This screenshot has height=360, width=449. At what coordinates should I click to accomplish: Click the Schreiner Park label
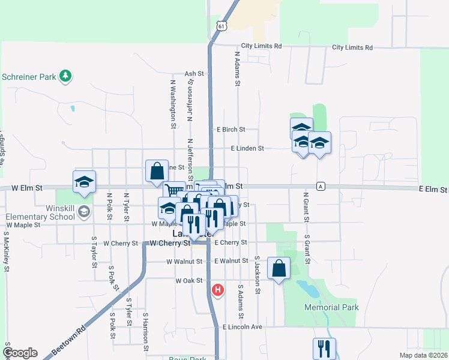tap(28, 77)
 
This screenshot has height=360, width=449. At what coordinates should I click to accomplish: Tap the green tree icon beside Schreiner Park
tap(65, 76)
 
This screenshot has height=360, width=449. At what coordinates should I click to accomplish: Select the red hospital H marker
tap(218, 290)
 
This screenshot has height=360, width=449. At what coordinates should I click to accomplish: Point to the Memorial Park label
tap(331, 307)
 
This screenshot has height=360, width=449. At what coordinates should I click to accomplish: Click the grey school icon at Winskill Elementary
tap(85, 211)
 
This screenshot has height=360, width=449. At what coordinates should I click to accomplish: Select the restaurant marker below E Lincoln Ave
tap(324, 347)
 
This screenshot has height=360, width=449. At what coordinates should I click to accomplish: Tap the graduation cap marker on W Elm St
tap(84, 181)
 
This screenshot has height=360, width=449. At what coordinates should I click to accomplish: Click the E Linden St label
tap(247, 148)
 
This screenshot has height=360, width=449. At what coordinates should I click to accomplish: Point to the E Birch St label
tap(231, 129)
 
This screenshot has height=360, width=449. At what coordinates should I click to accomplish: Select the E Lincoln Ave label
tap(243, 327)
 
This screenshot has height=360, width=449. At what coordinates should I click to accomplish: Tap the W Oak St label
tap(187, 281)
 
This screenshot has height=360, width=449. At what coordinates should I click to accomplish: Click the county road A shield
tap(322, 186)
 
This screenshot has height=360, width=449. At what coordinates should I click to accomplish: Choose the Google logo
tap(20, 353)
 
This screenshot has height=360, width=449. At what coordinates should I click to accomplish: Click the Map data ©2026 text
tap(423, 355)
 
